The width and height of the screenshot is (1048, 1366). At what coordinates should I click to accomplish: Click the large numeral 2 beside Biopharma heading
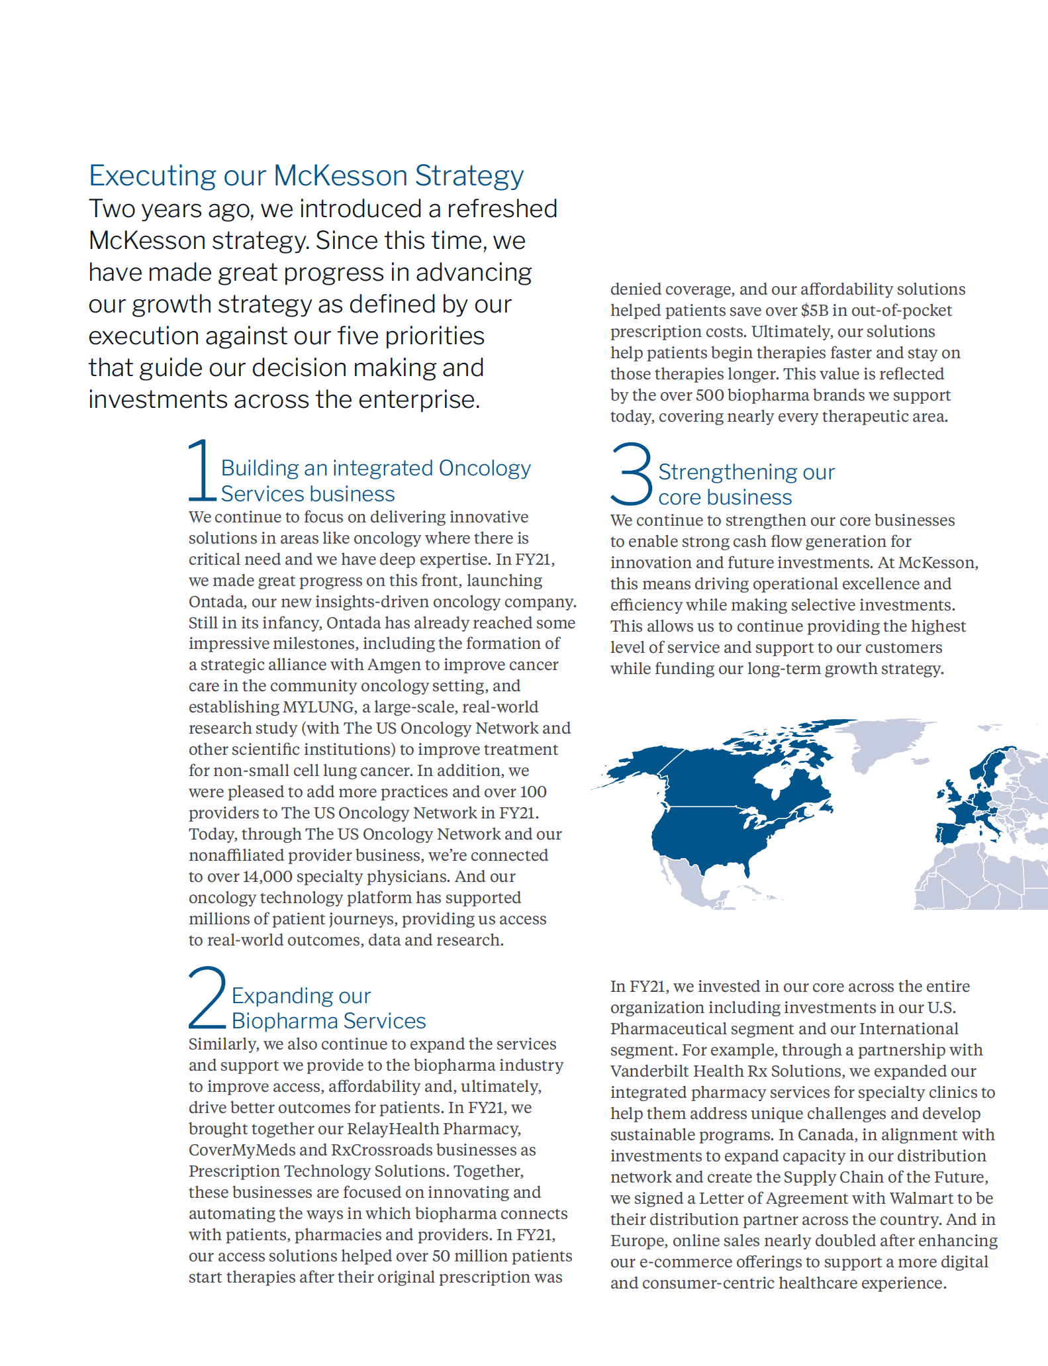tap(207, 998)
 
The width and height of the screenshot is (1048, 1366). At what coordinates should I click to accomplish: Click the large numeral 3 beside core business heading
tap(631, 473)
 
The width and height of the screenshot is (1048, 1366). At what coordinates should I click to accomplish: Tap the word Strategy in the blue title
tap(469, 175)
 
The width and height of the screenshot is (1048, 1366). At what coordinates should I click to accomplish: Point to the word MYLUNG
tap(320, 707)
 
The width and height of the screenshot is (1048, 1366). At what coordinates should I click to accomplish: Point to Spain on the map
tap(948, 833)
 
